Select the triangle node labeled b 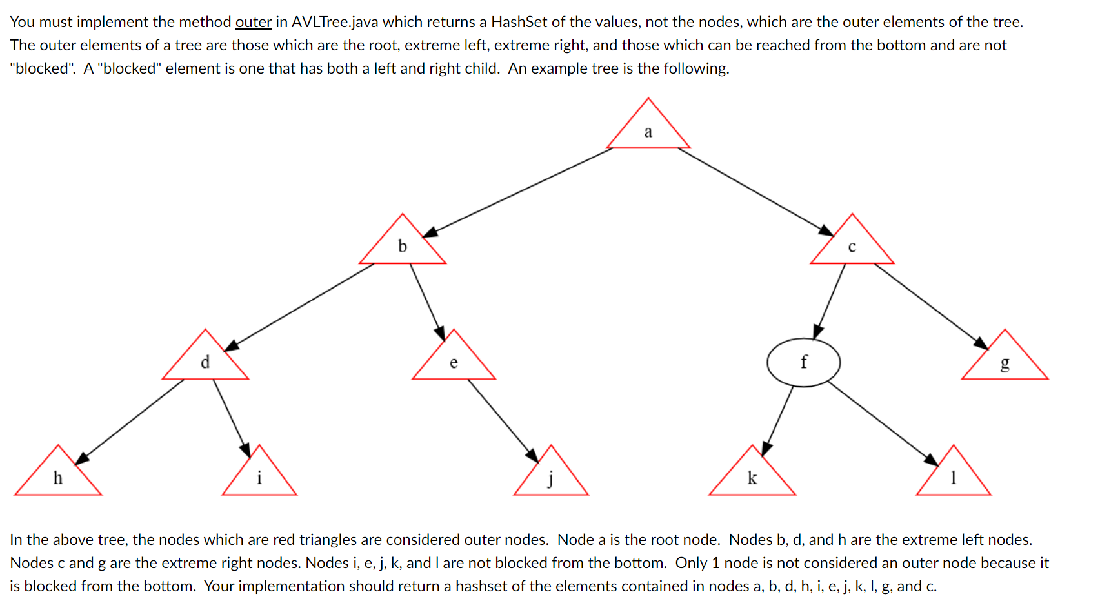[403, 246]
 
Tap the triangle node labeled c [852, 246]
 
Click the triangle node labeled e [454, 362]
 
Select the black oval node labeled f [803, 362]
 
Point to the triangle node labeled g [1005, 362]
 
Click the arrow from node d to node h [129, 421]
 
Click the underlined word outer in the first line [253, 22]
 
